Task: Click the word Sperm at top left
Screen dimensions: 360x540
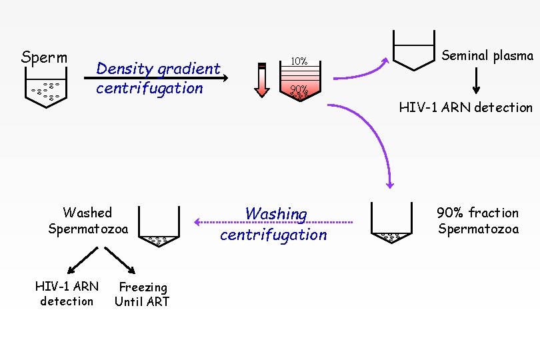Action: coord(44,57)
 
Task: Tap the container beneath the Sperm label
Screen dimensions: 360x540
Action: coord(45,87)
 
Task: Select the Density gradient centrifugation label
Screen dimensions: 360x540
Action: coord(158,79)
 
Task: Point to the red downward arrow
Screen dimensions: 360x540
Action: coord(262,79)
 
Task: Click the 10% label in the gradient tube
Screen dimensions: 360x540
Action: coord(299,62)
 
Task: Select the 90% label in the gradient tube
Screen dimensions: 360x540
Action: coord(299,89)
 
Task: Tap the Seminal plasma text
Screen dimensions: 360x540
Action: coord(488,56)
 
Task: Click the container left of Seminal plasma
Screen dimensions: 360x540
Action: coord(413,51)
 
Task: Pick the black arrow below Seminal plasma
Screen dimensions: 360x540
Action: coord(476,81)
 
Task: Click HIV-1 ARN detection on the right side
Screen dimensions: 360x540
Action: coord(465,107)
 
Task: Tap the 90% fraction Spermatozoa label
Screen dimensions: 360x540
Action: coord(477,221)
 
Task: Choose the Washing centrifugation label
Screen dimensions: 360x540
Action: coord(274,224)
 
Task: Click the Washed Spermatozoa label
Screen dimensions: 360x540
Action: coord(88,221)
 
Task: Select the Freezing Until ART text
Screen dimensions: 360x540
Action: coord(142,294)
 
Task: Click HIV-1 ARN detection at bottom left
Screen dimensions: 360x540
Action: coord(67,294)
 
